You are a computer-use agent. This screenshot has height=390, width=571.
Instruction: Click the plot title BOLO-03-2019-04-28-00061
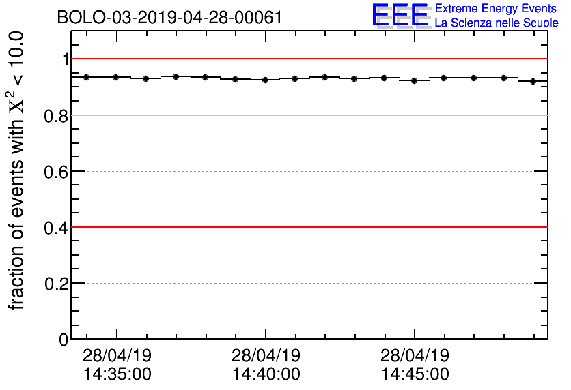169,17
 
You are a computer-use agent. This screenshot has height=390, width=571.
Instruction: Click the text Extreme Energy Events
496,9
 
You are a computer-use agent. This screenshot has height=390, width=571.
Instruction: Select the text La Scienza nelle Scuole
496,23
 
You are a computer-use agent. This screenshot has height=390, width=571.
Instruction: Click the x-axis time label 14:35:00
117,374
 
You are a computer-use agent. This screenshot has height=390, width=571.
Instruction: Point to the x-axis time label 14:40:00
266,374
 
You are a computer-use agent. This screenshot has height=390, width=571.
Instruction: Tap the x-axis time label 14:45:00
415,374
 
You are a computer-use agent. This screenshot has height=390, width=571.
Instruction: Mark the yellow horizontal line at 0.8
307,115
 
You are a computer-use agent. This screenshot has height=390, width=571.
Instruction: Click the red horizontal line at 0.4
307,227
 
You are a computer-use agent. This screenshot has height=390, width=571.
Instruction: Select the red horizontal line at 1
307,59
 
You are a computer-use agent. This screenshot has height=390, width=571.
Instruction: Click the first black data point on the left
86,77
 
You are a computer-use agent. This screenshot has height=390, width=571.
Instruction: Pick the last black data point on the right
533,81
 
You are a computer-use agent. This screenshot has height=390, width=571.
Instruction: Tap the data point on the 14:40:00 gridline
265,80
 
